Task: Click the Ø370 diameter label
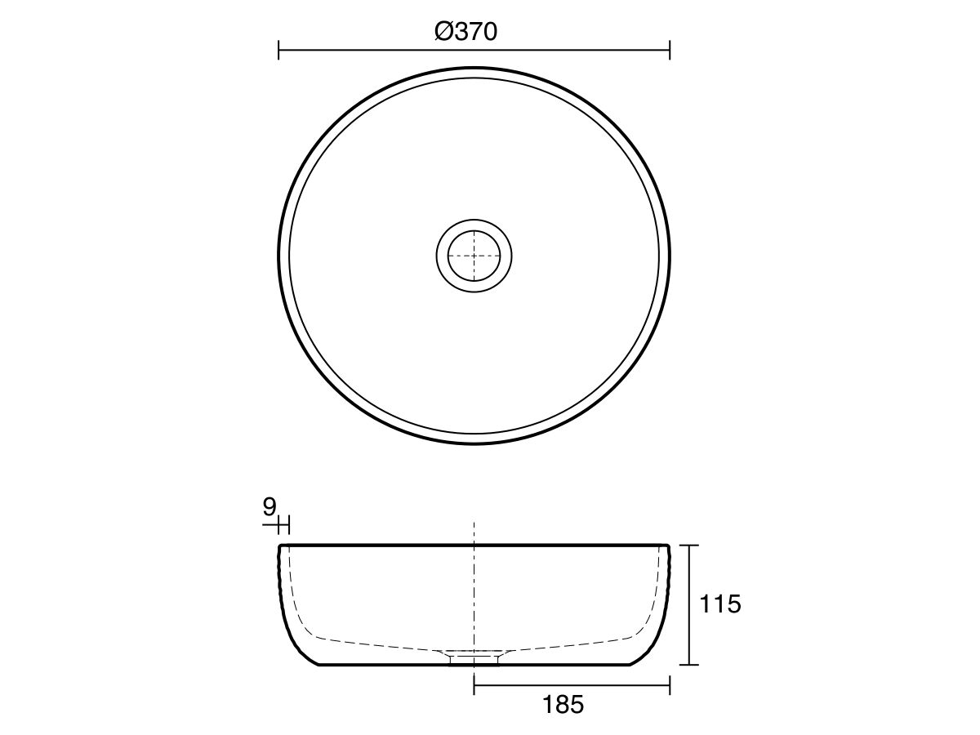(x=466, y=32)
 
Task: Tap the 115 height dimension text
(x=720, y=605)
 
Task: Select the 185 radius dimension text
(x=563, y=705)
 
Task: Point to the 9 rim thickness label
(x=269, y=507)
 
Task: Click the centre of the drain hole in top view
(x=474, y=256)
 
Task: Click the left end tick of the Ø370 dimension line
(x=279, y=51)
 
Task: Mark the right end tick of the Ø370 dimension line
(x=670, y=51)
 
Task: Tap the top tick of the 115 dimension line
(x=691, y=545)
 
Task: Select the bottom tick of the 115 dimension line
(x=691, y=665)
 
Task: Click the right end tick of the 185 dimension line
(x=670, y=684)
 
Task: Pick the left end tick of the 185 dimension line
(x=474, y=684)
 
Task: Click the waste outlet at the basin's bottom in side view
(x=474, y=657)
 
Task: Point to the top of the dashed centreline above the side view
(x=474, y=523)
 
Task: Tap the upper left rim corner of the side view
(x=280, y=545)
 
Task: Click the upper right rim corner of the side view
(x=669, y=545)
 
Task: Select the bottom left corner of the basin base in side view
(x=319, y=665)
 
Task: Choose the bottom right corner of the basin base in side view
(x=630, y=665)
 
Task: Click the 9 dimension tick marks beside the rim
(x=284, y=523)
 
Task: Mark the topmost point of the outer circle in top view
(x=474, y=68)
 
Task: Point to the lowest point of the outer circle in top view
(x=474, y=443)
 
